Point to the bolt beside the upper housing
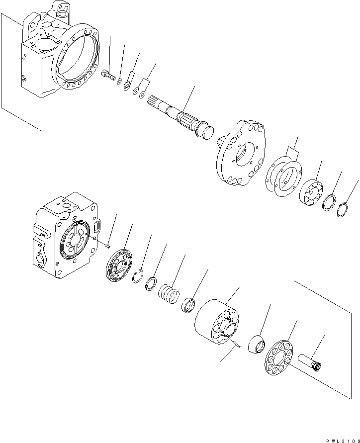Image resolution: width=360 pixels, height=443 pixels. pos(109,76)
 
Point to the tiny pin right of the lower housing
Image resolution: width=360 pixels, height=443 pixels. pos(107,243)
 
